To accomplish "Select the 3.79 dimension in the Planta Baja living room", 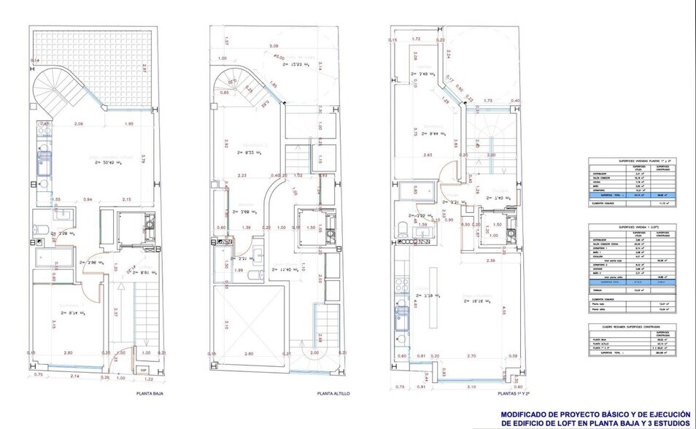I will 144,158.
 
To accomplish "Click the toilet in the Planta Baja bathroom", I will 44,231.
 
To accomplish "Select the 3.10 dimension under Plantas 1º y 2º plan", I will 471,387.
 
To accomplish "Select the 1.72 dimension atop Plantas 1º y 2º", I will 417,38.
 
